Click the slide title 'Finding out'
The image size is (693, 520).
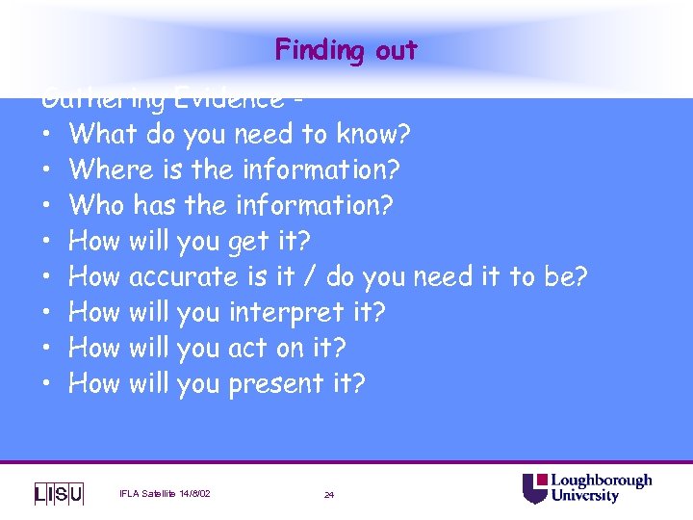pos(346,50)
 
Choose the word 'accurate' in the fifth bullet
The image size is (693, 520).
pos(183,276)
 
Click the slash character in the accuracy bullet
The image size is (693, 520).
pos(310,276)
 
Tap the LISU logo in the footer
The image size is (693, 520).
pos(59,493)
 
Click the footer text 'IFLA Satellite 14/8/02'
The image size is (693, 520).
pos(165,494)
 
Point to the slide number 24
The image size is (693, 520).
pos(329,495)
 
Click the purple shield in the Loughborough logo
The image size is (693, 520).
pos(534,489)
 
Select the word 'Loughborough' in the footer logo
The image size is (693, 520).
pos(601,481)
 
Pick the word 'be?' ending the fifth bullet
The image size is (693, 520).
pos(565,276)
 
